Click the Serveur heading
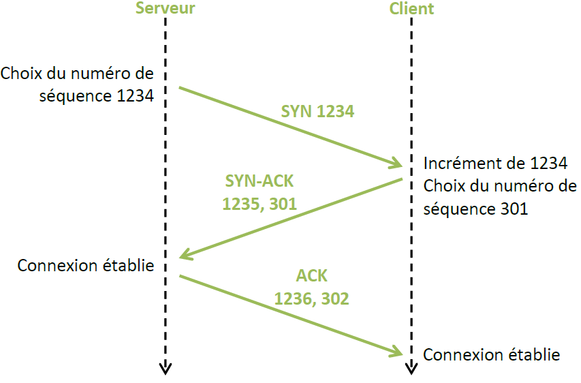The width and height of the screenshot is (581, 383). click(166, 9)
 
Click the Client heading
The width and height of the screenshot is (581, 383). click(411, 9)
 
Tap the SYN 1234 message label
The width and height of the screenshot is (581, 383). click(317, 111)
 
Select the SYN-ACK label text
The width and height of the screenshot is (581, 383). click(259, 182)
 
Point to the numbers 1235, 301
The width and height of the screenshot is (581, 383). click(259, 203)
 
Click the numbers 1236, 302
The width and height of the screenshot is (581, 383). click(311, 298)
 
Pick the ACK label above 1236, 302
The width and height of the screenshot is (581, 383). click(311, 276)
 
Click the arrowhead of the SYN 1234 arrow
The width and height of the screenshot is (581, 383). click(396, 164)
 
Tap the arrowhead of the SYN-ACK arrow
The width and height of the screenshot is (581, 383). click(186, 256)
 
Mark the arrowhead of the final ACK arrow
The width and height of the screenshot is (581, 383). click(397, 352)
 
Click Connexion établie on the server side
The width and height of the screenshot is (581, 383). click(86, 265)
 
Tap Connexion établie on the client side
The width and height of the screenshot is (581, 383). click(492, 354)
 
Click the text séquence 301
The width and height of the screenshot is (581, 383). click(475, 209)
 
